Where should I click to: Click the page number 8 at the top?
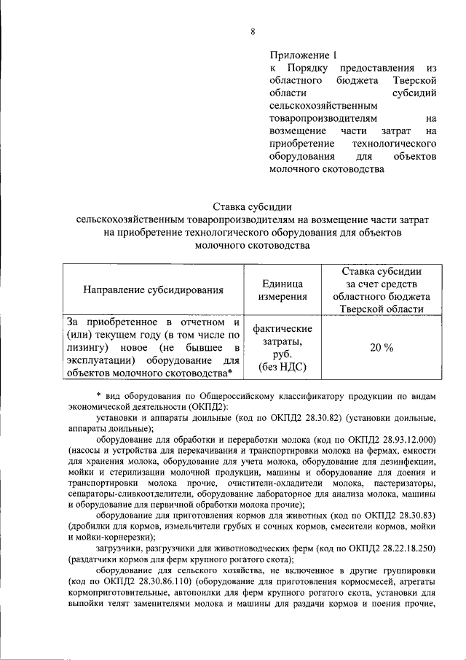(x=253, y=31)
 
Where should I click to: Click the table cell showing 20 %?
(x=381, y=348)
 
